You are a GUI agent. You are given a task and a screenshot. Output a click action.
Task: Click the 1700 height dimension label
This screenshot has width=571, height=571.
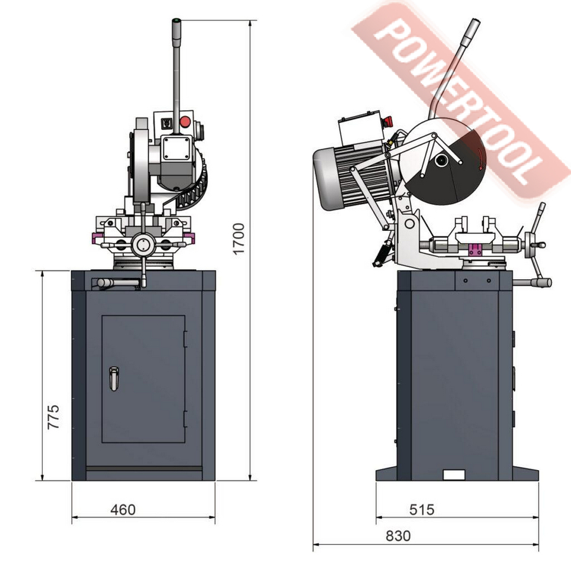(x=239, y=239)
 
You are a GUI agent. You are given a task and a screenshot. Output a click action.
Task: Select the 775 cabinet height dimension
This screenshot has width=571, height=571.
(x=53, y=417)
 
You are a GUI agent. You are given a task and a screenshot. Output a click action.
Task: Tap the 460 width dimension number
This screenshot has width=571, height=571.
(x=123, y=510)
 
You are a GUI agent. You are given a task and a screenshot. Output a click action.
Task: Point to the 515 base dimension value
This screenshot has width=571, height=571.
(x=422, y=510)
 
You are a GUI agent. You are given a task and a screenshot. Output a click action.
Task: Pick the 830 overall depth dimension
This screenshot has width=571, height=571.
(x=398, y=536)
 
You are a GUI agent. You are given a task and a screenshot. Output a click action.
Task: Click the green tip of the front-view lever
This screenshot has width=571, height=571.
(x=176, y=20)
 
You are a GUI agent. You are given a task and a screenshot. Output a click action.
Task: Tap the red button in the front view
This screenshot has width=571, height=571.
(x=185, y=122)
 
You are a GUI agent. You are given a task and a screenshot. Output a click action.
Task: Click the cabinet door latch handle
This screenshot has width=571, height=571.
(x=114, y=379)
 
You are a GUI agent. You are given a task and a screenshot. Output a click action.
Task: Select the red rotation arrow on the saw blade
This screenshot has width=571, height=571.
(x=481, y=159)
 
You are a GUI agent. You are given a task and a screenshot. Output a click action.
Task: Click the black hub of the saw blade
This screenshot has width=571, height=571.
(x=442, y=160)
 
